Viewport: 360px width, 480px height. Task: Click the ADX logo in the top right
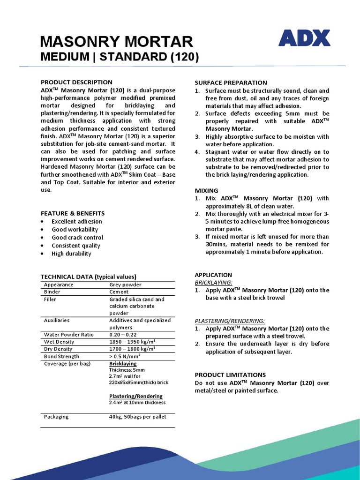304,38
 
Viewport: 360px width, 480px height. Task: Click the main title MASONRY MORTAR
116,42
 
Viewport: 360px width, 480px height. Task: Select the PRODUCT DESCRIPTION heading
76,82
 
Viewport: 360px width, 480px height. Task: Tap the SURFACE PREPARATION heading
231,82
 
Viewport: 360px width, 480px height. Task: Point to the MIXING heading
206,190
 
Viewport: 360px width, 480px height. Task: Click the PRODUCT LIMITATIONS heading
230,375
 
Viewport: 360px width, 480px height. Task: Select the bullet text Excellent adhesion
76,221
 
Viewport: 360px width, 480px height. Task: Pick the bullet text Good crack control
77,238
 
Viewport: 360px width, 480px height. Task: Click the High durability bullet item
71,254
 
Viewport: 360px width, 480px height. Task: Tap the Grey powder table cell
125,285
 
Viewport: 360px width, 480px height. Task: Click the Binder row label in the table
52,292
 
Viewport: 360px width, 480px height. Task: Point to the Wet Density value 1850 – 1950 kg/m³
132,342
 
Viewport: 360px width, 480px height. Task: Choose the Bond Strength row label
62,356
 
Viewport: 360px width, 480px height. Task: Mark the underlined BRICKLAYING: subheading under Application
213,283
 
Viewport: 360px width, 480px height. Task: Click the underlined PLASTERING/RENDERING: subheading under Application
229,321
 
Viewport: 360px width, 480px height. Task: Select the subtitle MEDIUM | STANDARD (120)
120,57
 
